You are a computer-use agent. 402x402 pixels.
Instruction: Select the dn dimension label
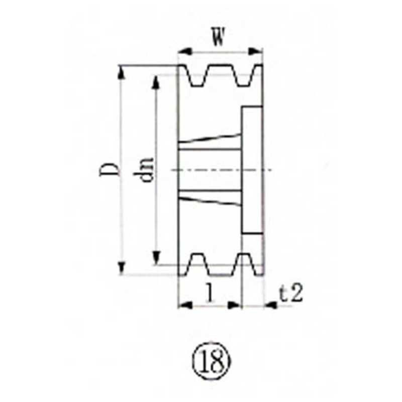click(x=146, y=169)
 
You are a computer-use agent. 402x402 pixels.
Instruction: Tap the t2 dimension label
click(x=291, y=293)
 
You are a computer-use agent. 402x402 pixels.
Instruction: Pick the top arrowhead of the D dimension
click(x=121, y=71)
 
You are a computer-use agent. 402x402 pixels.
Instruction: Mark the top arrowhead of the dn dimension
click(x=157, y=81)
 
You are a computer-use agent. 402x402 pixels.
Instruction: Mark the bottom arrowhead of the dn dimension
click(x=157, y=258)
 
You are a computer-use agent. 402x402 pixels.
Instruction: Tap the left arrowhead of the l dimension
click(x=184, y=305)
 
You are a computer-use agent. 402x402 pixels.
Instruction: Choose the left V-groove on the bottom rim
click(x=197, y=264)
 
